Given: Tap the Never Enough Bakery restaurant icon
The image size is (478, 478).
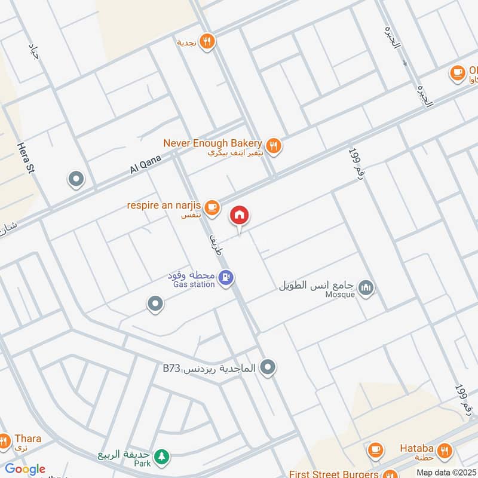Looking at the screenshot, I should click(273, 145).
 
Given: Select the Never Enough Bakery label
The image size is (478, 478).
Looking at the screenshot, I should click(213, 143).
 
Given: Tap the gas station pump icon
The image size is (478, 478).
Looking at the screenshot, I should click(226, 277).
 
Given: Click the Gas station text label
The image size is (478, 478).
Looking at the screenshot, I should click(194, 285).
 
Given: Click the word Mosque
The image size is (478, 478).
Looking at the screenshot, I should click(341, 294).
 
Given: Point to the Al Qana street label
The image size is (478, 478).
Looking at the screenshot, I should click(143, 163).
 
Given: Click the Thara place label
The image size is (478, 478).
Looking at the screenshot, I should click(27, 439).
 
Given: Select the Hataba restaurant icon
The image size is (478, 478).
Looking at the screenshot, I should click(444, 450).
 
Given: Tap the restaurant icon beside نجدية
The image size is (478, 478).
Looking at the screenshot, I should click(207, 41).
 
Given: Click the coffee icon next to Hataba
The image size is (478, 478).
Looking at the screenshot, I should click(375, 450).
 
